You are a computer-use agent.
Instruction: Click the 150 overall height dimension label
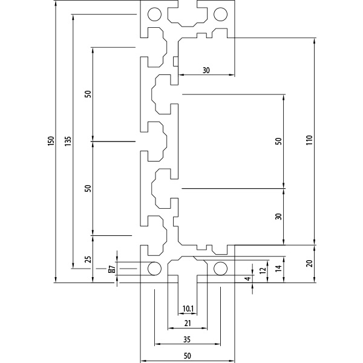pyautogui.click(x=51, y=141)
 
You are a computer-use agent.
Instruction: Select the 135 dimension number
pyautogui.click(x=68, y=141)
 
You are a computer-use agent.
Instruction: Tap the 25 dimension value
pyautogui.click(x=88, y=260)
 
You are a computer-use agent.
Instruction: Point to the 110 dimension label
pyautogui.click(x=309, y=140)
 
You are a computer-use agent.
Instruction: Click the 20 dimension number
pyautogui.click(x=309, y=263)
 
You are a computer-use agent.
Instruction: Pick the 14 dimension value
pyautogui.click(x=279, y=268)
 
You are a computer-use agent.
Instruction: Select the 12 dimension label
pyautogui.click(x=263, y=270)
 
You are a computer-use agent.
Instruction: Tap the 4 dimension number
pyautogui.click(x=247, y=278)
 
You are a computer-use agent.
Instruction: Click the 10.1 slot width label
pyautogui.click(x=188, y=309)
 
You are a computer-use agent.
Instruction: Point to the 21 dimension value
pyautogui.click(x=188, y=323)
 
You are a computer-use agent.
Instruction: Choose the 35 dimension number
pyautogui.click(x=187, y=339)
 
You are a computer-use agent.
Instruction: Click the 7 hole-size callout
pyautogui.click(x=112, y=269)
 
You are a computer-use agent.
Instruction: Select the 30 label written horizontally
pyautogui.click(x=206, y=70)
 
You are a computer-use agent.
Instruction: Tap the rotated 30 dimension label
pyautogui.click(x=279, y=217)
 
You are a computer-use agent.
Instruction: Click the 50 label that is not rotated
pyautogui.click(x=188, y=356)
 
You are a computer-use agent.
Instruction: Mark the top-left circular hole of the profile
pyautogui.click(x=154, y=15)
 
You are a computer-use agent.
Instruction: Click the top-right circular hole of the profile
pyautogui.click(x=220, y=15)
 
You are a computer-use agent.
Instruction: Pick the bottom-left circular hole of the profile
pyautogui.click(x=154, y=269)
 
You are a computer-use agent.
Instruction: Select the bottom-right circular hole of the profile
pyautogui.click(x=220, y=269)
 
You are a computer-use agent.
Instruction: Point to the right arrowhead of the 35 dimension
pyautogui.click(x=218, y=344)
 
